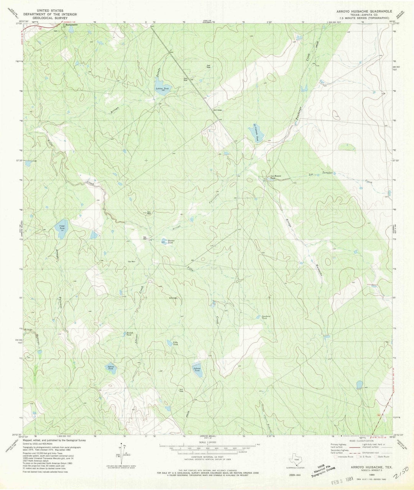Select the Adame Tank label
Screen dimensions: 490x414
111,368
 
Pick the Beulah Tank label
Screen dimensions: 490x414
130,334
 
